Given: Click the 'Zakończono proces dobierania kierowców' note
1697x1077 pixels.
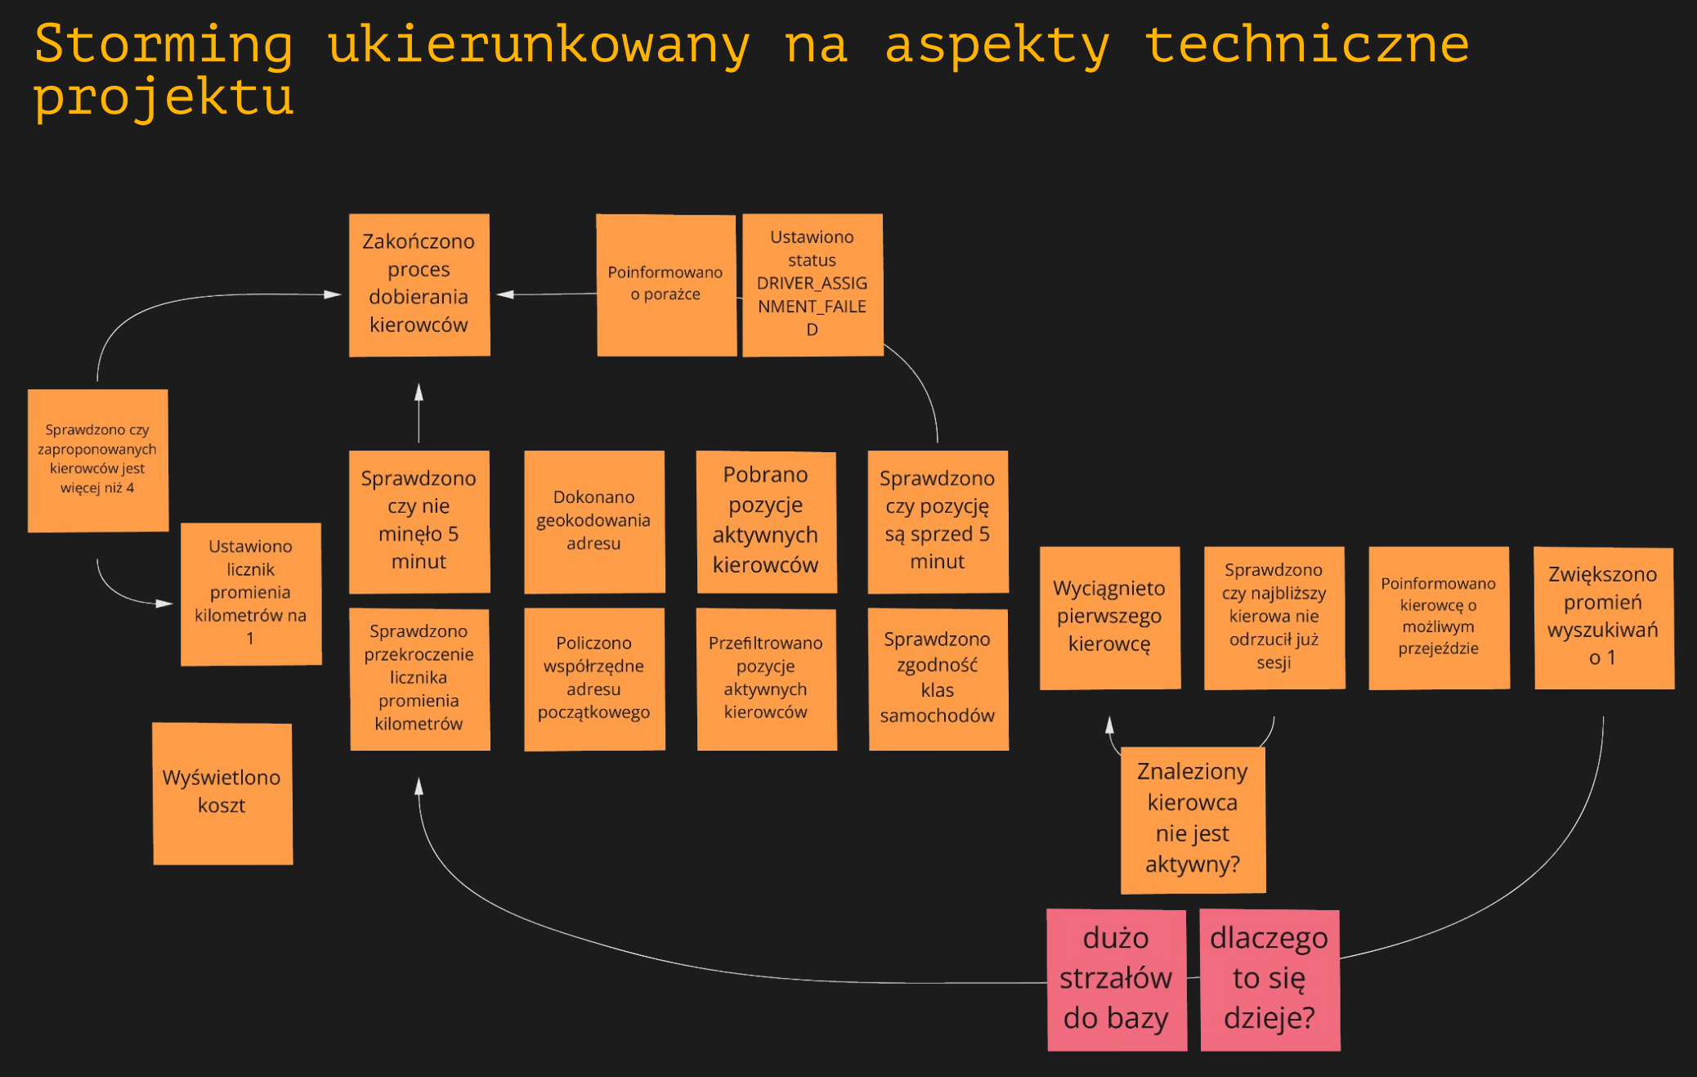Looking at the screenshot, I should click(419, 285).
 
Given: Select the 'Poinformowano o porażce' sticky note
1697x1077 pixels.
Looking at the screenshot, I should click(665, 285).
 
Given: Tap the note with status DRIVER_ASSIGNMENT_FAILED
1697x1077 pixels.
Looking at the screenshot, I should click(812, 285).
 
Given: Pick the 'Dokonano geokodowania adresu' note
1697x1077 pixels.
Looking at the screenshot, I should click(593, 521).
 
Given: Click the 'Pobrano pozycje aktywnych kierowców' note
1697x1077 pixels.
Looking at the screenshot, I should click(766, 521).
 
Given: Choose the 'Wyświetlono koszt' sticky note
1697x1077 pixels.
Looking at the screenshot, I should click(222, 792).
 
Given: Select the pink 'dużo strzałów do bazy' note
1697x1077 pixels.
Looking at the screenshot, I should click(1116, 979).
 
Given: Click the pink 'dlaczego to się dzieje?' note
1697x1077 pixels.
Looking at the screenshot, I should click(1269, 979).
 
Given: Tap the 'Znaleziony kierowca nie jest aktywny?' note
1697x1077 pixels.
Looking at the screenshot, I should click(1193, 819).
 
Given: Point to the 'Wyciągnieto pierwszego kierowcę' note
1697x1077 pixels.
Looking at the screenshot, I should click(1109, 617).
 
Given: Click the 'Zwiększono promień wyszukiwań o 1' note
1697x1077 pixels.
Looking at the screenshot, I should click(1603, 617).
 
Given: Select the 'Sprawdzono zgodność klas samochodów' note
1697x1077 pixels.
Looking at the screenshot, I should click(938, 679).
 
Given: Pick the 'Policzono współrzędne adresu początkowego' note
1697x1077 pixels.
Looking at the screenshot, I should click(593, 679).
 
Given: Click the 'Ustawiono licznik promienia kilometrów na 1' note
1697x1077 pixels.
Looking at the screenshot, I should click(250, 594).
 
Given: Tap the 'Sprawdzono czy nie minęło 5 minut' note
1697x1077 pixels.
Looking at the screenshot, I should click(419, 521).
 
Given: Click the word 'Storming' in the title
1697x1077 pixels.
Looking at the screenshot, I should click(163, 44).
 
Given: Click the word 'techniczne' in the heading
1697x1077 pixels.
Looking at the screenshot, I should click(1305, 44).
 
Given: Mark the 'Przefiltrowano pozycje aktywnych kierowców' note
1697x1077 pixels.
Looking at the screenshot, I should click(766, 679).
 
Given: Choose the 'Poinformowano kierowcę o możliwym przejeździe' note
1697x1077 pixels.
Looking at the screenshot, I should click(1438, 617).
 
